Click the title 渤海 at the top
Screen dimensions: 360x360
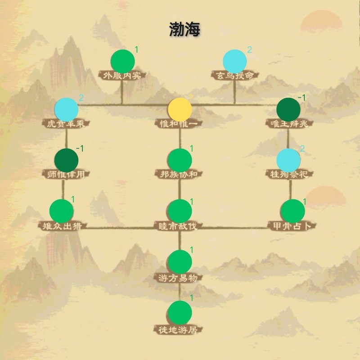[184, 29]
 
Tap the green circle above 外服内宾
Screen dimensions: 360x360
[123, 61]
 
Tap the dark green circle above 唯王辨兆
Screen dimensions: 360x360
[288, 109]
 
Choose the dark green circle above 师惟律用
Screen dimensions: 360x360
[66, 160]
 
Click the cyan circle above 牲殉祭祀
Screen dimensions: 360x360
[288, 160]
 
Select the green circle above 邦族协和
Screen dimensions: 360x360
[180, 160]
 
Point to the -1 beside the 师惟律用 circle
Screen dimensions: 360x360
[81, 148]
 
